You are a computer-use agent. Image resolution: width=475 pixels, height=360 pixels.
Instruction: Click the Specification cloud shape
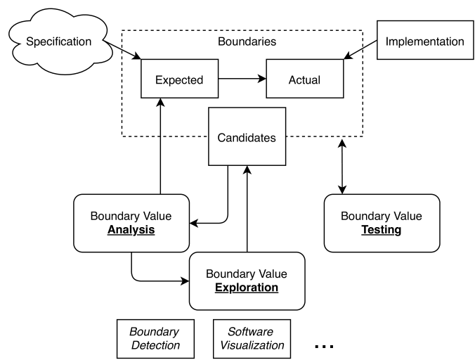tap(57, 41)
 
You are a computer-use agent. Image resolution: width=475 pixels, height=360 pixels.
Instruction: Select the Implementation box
tap(424, 41)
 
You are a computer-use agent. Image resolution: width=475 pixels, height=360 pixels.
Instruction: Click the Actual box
tap(304, 79)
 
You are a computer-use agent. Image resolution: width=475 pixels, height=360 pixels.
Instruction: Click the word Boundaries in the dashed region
tap(246, 42)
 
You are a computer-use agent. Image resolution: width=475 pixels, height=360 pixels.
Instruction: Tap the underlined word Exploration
tap(247, 288)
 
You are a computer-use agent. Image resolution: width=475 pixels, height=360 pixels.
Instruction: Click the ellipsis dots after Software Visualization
tap(323, 346)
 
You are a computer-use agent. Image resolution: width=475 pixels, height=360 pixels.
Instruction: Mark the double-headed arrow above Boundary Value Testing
tap(342, 166)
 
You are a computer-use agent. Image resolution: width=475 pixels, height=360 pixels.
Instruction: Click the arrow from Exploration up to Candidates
tap(247, 211)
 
